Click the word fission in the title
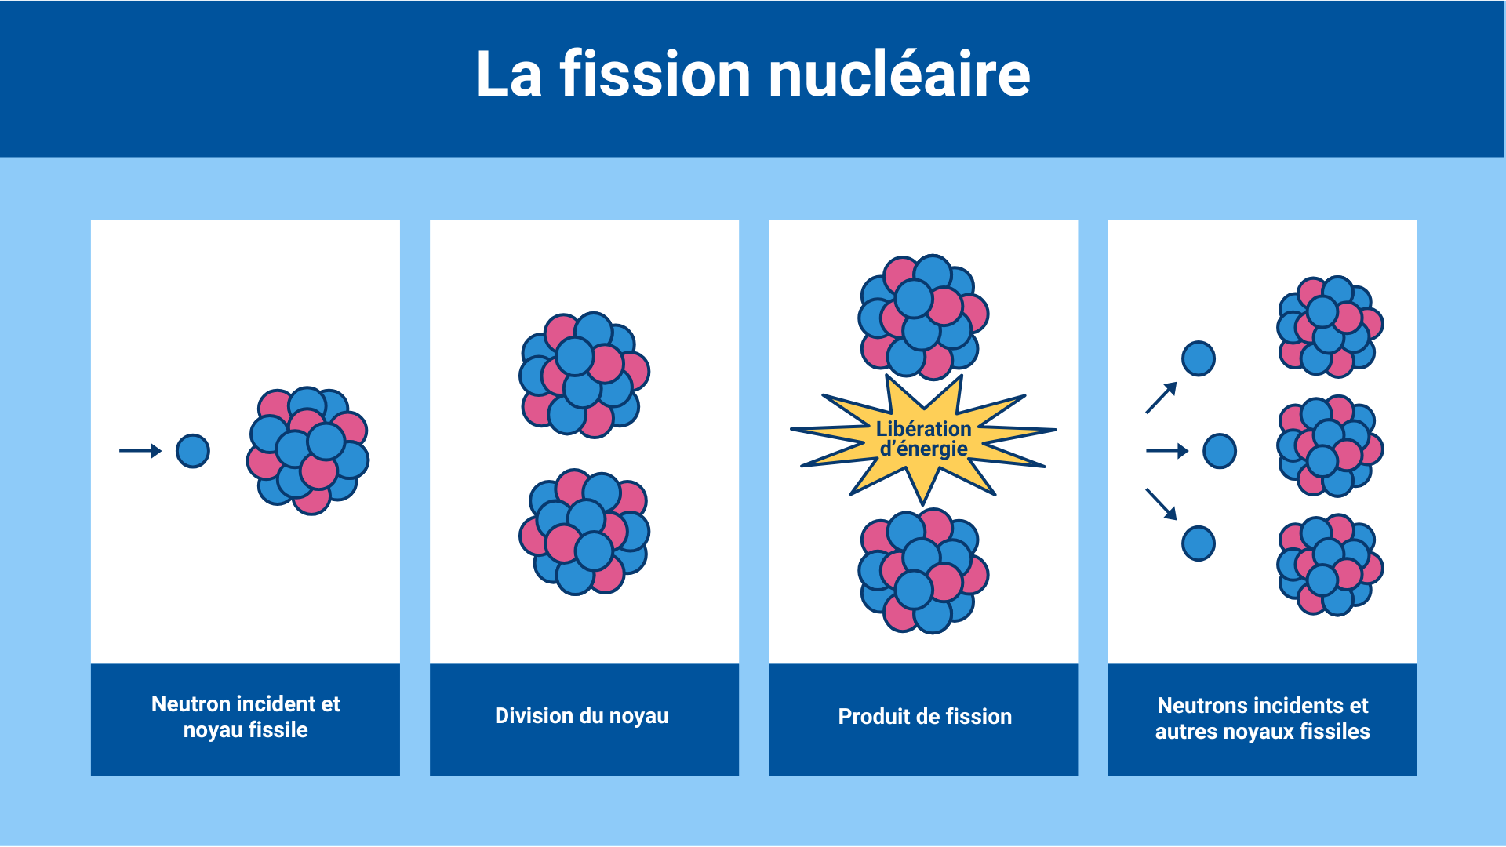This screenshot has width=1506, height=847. click(x=655, y=75)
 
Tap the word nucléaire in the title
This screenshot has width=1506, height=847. click(x=899, y=75)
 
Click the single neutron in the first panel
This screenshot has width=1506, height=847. click(x=193, y=451)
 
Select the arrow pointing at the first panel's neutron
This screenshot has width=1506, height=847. click(x=140, y=451)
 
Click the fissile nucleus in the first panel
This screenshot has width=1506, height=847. click(x=308, y=450)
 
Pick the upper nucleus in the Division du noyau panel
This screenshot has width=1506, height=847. click(x=584, y=374)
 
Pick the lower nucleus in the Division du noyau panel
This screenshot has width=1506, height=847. click(x=584, y=533)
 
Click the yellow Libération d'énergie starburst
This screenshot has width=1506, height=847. click(x=923, y=439)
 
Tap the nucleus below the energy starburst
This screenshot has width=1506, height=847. click(x=923, y=570)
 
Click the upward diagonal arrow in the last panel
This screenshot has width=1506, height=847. click(x=1162, y=397)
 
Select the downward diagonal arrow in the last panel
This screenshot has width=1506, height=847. click(x=1162, y=503)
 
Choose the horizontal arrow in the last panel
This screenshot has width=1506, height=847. click(x=1167, y=451)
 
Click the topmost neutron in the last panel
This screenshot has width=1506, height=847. click(x=1199, y=358)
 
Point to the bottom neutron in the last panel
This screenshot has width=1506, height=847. click(x=1199, y=543)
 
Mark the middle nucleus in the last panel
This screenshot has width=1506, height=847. click(x=1330, y=446)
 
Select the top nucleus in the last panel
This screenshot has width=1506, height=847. click(x=1330, y=326)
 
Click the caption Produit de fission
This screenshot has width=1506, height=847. click(x=925, y=716)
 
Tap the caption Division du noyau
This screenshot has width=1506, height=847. click(x=582, y=715)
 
